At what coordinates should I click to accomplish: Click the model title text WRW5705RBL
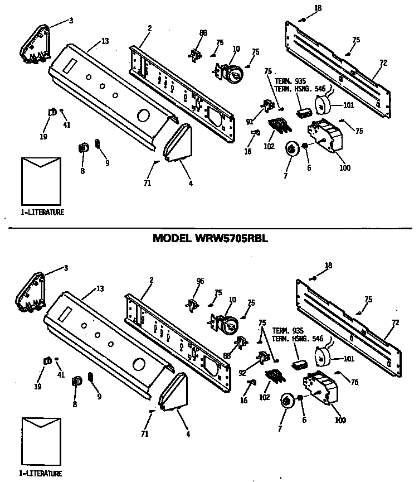click(x=210, y=238)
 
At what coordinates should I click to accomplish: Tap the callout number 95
click(x=201, y=281)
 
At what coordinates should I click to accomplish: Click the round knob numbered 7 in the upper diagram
click(x=291, y=149)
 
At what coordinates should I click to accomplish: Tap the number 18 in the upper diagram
click(x=318, y=8)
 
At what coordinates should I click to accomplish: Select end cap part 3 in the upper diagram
click(x=34, y=44)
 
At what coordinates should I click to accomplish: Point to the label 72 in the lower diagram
click(x=395, y=322)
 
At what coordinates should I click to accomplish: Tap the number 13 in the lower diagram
click(x=100, y=288)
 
